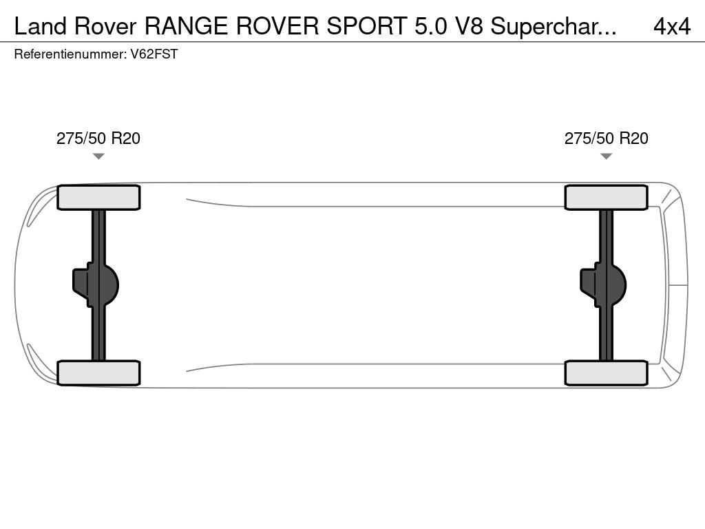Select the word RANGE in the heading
coord(187,26)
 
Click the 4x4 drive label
coord(671,26)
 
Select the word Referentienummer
coord(70,54)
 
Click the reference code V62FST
coord(154,54)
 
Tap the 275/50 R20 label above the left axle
coord(98,138)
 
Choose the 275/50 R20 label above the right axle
coord(606,138)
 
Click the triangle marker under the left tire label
coord(98,156)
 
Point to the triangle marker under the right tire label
coord(606,156)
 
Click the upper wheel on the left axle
coord(98,198)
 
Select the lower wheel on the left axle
coord(98,373)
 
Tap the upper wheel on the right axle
coord(606,198)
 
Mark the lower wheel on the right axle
coord(606,373)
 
